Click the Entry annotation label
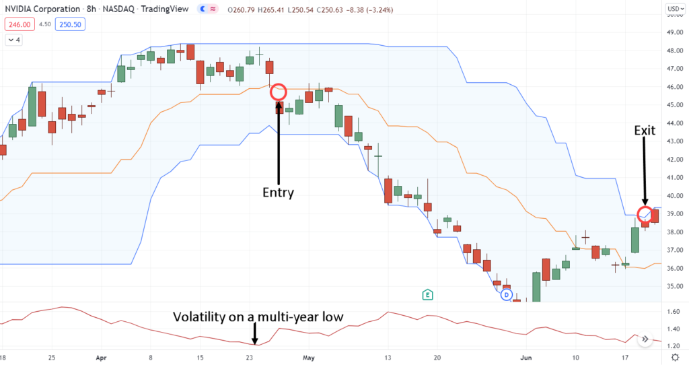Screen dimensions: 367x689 click(x=278, y=193)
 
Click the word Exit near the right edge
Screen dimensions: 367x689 click(x=645, y=130)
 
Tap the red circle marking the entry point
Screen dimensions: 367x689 click(x=278, y=92)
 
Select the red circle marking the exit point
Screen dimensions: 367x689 click(x=645, y=215)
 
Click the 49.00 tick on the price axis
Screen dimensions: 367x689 click(x=674, y=32)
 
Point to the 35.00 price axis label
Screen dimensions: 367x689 click(x=674, y=286)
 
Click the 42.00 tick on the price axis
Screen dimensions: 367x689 click(x=674, y=160)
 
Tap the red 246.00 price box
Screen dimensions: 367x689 click(x=18, y=24)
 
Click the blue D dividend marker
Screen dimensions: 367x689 click(x=507, y=294)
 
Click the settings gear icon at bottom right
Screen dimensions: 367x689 click(x=674, y=358)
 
